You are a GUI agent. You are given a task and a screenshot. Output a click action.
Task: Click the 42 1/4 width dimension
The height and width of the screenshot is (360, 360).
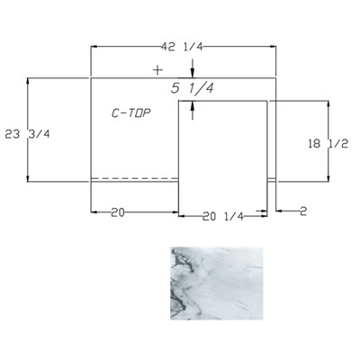183,47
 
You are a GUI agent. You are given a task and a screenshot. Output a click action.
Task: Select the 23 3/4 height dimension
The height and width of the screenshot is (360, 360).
27,134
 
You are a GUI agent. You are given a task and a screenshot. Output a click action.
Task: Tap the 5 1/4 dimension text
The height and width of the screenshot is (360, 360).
193,88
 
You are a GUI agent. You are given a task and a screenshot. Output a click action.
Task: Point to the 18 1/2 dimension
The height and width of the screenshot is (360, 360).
328,144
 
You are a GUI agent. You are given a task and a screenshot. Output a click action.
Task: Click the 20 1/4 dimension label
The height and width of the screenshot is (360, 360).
223,216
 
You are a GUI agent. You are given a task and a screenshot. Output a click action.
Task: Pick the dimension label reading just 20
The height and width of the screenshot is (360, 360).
118,212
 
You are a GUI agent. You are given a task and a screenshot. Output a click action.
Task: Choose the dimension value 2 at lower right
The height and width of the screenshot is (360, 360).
303,211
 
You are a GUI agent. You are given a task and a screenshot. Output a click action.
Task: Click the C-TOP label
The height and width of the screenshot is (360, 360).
131,113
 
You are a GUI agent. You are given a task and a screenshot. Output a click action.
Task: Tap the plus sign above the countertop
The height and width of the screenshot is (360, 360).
157,70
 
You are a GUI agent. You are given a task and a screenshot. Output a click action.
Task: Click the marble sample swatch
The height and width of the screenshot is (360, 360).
217,283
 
